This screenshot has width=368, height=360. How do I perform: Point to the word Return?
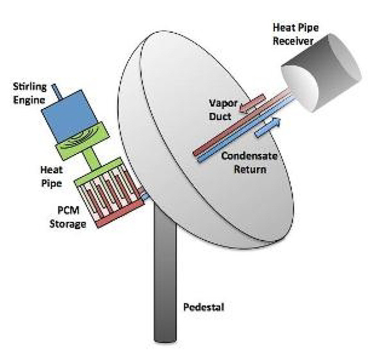point(250,169)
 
